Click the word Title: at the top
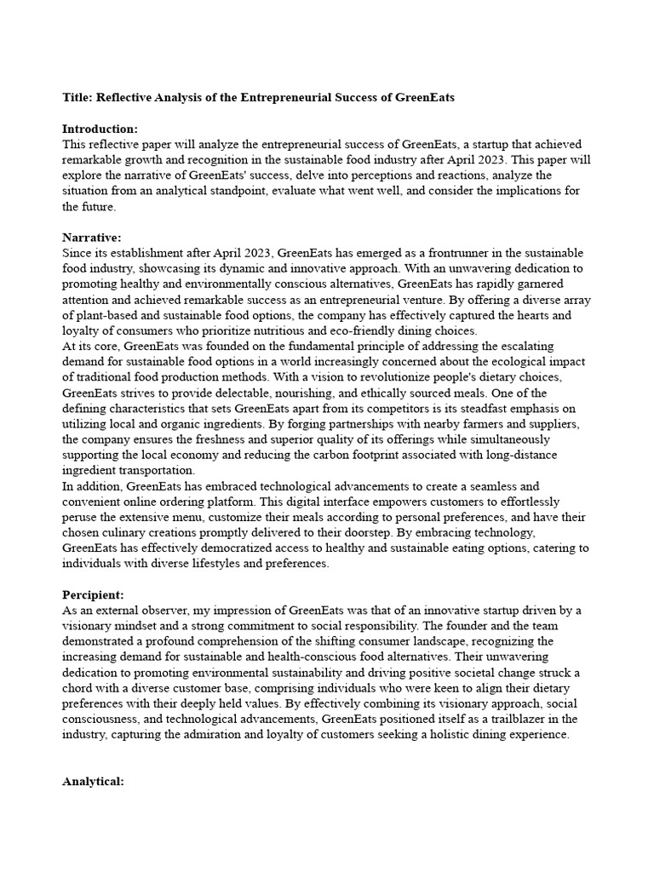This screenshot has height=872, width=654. pyautogui.click(x=78, y=98)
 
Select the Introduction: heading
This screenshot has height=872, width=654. pyautogui.click(x=100, y=129)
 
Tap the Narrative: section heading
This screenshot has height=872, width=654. pyautogui.click(x=92, y=237)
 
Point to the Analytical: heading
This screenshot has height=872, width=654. pyautogui.click(x=95, y=781)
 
